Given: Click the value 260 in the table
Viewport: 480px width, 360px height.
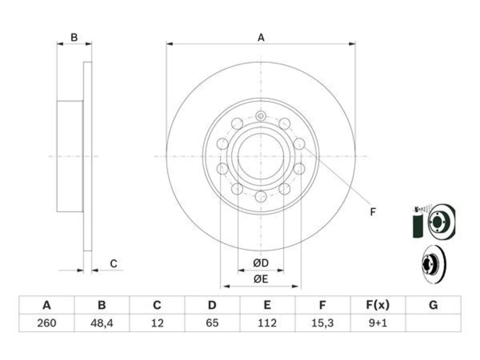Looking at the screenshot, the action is [x=46, y=323].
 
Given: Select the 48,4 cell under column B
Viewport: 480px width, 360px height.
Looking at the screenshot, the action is [x=102, y=323].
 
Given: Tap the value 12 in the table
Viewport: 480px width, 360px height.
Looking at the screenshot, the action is [x=157, y=323].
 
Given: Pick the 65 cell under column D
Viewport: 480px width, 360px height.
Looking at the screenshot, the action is [x=212, y=323].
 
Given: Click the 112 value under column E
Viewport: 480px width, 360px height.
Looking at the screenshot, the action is [x=267, y=323].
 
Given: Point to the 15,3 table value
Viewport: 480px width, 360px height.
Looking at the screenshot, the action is [x=322, y=323].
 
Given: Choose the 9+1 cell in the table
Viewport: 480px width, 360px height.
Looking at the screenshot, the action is [x=378, y=323].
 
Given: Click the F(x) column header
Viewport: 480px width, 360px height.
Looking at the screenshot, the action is [x=378, y=305].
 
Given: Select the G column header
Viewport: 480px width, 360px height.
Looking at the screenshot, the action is [x=433, y=305].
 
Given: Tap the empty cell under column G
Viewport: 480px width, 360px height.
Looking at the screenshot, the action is [x=433, y=323].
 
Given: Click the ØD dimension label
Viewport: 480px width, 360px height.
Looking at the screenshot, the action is [x=261, y=263].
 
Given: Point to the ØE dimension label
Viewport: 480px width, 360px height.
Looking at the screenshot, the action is [x=261, y=279].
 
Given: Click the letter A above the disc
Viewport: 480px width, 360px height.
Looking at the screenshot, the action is [x=261, y=37].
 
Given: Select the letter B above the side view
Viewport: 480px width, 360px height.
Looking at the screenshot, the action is [x=74, y=37].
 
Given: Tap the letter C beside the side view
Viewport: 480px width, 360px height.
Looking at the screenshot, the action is [x=114, y=264].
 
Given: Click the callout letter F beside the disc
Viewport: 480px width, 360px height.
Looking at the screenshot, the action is [x=373, y=212].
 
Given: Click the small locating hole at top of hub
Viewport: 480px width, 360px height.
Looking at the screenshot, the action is [x=261, y=116].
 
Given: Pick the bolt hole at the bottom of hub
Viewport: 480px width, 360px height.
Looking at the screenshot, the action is [x=261, y=196].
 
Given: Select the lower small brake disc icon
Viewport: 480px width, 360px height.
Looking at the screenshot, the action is [x=434, y=264].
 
